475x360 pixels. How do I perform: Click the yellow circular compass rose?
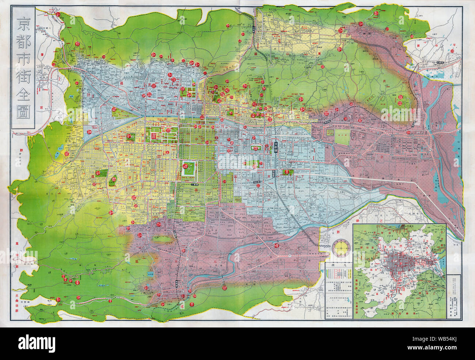click(x=341, y=248)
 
